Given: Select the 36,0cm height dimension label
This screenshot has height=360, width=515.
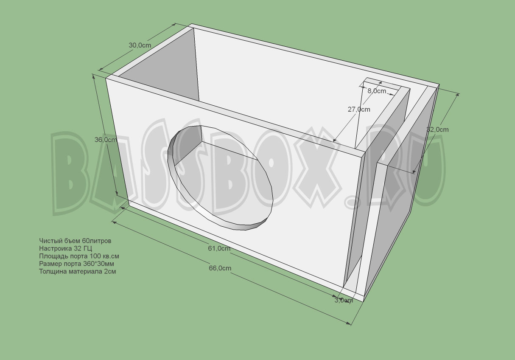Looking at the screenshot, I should tap(106, 140).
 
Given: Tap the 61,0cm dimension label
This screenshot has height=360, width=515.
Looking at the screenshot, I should tap(219, 248).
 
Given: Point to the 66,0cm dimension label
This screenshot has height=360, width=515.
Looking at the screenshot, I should tap(220, 268).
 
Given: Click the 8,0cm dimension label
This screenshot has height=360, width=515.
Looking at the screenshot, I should tap(377, 91).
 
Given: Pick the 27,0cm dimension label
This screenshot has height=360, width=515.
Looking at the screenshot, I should tap(358, 109).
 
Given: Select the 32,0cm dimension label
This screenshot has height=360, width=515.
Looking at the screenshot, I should tap(437, 129).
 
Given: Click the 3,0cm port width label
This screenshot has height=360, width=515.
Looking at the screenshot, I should tap(343, 301).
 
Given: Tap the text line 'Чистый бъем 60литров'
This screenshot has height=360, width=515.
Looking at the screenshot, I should tap(75, 241).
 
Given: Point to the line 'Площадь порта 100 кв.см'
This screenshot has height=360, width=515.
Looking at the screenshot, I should tap(79, 256).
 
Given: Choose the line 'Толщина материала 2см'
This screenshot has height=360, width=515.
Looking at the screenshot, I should tap(77, 271).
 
